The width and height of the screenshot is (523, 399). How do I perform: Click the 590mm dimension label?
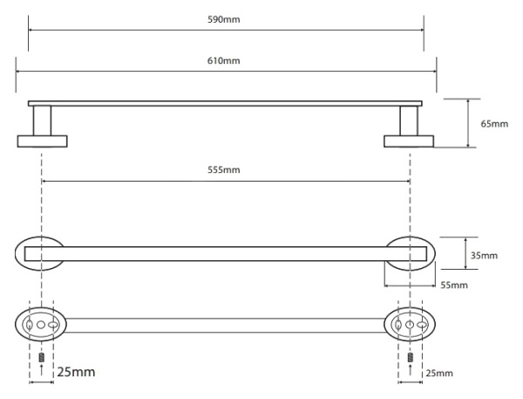tap(226, 19)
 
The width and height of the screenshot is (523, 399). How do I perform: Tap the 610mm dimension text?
tap(226, 60)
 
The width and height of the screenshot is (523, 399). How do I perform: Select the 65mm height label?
tap(493, 123)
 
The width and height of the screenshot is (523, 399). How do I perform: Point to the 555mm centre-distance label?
tap(226, 169)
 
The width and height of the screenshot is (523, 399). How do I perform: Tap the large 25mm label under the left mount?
tap(75, 373)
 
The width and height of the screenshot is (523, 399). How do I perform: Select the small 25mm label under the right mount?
tap(439, 374)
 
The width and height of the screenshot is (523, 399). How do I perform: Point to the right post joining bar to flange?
tap(409, 120)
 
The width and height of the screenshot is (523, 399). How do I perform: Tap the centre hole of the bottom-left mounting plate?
tap(42, 325)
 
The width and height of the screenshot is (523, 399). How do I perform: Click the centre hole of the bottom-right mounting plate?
tap(410, 325)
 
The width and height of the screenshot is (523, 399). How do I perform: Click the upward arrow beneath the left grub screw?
tap(42, 372)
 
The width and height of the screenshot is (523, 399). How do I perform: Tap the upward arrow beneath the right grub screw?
tap(410, 372)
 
